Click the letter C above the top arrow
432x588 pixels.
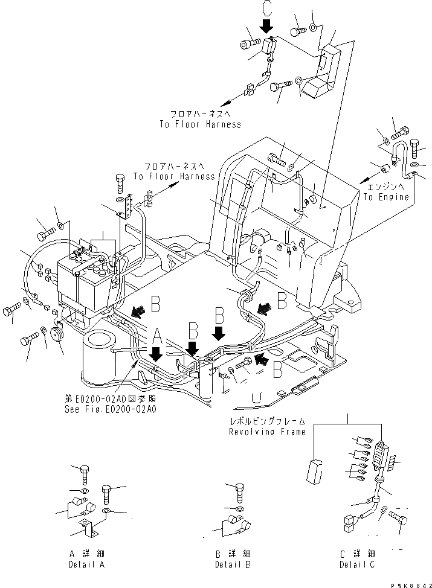click(x=266, y=9)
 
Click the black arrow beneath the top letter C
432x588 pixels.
click(x=266, y=26)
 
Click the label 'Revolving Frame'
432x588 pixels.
click(x=267, y=432)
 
